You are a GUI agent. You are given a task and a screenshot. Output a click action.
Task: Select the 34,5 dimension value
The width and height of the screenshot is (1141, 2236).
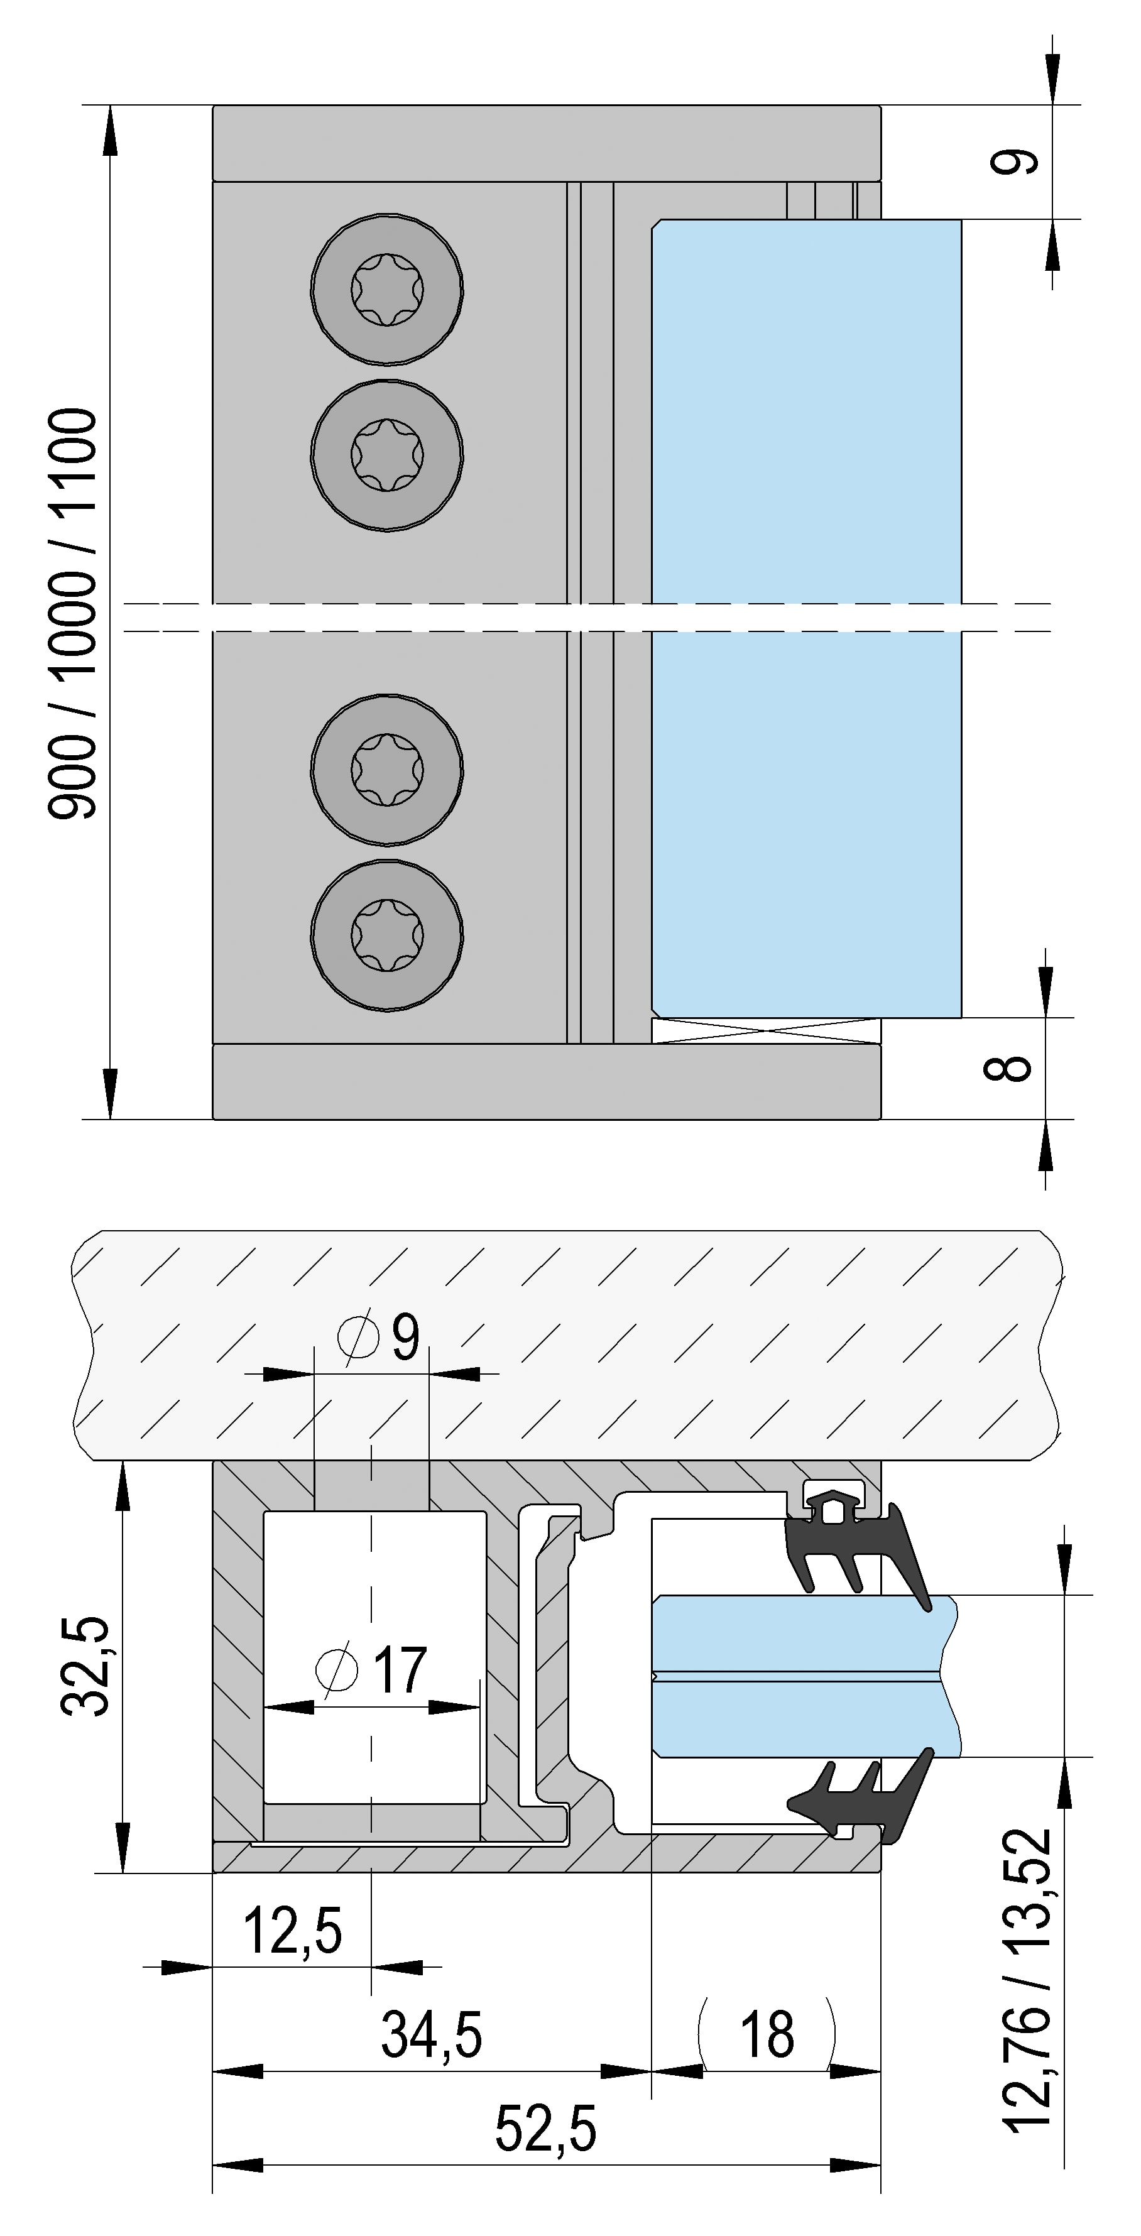pyautogui.click(x=432, y=2034)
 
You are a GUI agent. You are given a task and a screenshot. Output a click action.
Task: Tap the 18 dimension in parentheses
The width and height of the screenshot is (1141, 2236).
pyautogui.click(x=767, y=2034)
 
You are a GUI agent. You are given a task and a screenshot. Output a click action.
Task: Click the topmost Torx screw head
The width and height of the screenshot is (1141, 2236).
pyautogui.click(x=387, y=289)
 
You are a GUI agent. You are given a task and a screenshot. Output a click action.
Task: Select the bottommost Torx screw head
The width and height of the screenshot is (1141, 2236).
pyautogui.click(x=387, y=935)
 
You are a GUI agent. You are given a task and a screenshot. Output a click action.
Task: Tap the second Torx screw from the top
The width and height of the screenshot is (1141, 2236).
pyautogui.click(x=387, y=454)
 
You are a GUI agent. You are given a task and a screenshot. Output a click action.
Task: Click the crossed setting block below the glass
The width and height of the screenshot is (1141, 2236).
pyautogui.click(x=766, y=1030)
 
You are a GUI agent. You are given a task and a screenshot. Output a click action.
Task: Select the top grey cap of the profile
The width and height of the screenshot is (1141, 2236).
pyautogui.click(x=547, y=143)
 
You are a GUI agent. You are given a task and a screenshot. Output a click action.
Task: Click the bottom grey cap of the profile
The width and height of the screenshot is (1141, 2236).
pyautogui.click(x=547, y=1081)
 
